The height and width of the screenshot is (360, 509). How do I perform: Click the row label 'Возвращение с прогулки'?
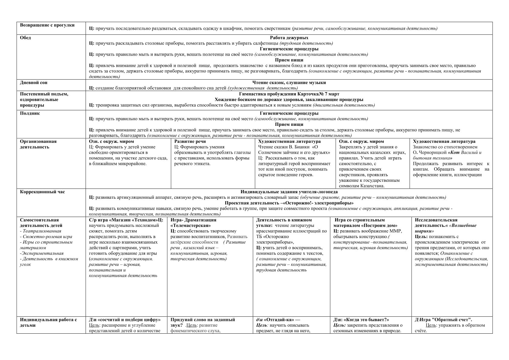[47, 25]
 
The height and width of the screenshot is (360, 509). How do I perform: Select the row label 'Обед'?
[25, 38]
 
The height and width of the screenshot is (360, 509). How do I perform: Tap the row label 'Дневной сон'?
[34, 83]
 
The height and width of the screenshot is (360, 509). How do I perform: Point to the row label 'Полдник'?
[30, 113]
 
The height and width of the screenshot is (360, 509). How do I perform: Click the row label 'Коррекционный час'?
[42, 192]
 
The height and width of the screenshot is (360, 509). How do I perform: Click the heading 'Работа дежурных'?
[289, 38]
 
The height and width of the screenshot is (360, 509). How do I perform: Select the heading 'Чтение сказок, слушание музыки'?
[289, 83]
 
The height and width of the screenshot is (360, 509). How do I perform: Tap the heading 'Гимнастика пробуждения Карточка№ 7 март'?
[289, 94]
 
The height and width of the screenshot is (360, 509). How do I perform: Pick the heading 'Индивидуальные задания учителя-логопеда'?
[289, 192]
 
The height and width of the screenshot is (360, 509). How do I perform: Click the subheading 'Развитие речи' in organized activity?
[190, 142]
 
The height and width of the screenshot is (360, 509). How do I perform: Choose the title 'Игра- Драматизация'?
[193, 220]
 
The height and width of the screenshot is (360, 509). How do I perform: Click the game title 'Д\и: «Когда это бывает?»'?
[361, 320]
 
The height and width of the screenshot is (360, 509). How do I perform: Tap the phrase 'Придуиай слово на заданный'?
[203, 320]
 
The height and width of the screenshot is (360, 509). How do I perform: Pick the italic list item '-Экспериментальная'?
[41, 254]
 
